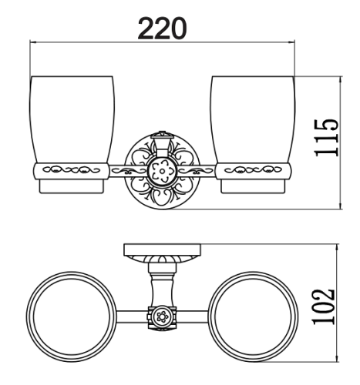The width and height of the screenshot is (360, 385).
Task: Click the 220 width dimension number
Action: tap(162, 28)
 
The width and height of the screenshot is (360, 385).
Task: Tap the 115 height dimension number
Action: tap(326, 138)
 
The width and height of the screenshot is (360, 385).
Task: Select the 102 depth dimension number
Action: tap(324, 306)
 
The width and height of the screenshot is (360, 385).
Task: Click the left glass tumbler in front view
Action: tap(72, 119)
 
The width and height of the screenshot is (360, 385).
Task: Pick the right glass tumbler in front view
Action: tap(253, 119)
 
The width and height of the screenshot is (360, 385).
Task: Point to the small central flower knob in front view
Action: tap(162, 170)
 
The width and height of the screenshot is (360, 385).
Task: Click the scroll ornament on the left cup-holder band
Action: tap(71, 169)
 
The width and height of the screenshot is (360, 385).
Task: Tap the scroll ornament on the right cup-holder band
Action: tap(253, 169)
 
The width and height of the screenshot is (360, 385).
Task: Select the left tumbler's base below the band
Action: tap(72, 186)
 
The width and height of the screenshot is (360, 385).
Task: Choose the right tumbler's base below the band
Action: tap(253, 186)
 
